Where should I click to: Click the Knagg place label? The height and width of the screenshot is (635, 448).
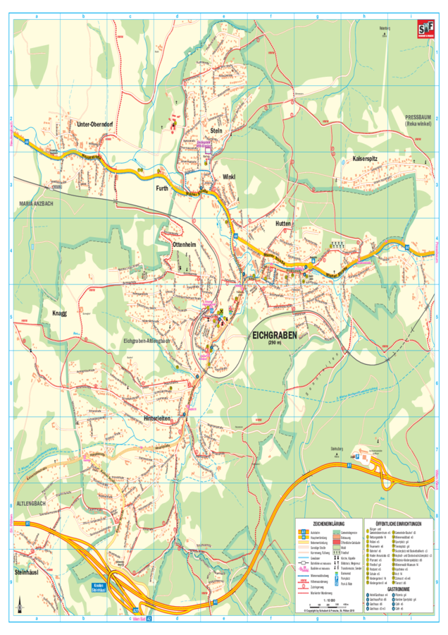59,313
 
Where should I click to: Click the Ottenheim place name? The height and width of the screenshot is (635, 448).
183,244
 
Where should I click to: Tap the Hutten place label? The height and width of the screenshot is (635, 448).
282,223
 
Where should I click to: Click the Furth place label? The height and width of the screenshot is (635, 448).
162,189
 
